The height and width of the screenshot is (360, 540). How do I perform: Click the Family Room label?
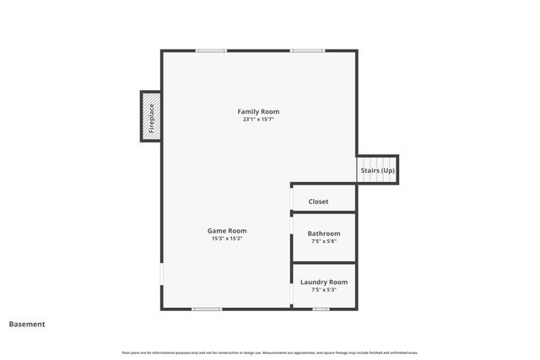[x=258, y=111]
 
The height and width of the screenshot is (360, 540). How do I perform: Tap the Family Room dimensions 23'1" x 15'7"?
[x=258, y=120]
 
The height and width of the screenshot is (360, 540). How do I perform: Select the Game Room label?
[x=227, y=230]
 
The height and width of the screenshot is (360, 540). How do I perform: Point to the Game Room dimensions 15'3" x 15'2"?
[x=227, y=239]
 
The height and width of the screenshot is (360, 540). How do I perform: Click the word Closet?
[x=318, y=201]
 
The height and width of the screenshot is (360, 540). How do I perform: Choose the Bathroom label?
[x=324, y=234]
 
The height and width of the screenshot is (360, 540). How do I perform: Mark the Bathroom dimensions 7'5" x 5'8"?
[x=324, y=242]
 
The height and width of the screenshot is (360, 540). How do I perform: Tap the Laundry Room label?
[x=324, y=282]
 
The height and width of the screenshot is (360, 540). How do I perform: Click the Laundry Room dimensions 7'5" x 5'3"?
[x=324, y=290]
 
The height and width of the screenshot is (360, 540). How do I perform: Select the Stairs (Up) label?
[x=377, y=170]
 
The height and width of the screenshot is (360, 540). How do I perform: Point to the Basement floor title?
[x=27, y=324]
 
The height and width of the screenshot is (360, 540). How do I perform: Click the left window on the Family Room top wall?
[x=211, y=51]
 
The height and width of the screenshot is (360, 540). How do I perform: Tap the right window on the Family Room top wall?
[x=307, y=51]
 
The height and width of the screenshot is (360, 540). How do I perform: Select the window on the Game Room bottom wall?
[x=207, y=309]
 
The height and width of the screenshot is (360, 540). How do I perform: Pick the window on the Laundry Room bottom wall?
[x=321, y=309]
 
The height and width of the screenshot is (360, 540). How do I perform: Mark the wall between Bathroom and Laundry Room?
[x=324, y=263]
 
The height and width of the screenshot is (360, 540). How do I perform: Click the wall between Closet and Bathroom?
[x=324, y=212]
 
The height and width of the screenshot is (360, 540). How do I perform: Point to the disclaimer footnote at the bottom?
[x=270, y=352]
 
